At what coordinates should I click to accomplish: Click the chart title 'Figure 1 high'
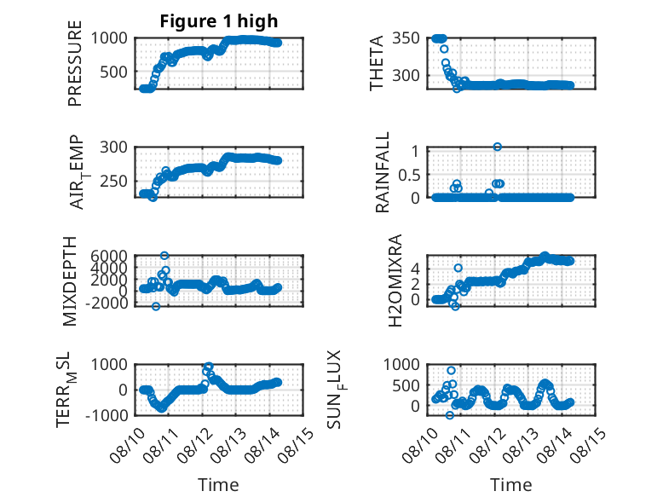[219, 21]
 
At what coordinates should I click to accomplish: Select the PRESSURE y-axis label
[74, 63]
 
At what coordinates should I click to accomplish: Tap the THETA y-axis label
[376, 63]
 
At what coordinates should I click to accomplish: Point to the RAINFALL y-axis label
[382, 172]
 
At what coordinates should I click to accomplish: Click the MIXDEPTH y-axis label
[70, 281]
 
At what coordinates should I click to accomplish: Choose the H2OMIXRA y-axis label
[395, 280]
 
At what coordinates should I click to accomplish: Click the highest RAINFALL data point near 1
[498, 147]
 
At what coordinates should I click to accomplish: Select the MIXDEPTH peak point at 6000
[164, 255]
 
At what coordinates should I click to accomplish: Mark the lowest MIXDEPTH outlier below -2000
[156, 306]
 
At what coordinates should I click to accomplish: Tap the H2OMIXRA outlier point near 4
[458, 268]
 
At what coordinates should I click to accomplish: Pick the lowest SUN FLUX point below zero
[449, 415]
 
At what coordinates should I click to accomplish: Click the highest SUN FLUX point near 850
[451, 370]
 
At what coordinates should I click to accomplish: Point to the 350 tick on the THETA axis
[406, 38]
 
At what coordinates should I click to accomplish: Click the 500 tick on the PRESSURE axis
[113, 72]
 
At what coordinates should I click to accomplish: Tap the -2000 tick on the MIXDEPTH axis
[107, 303]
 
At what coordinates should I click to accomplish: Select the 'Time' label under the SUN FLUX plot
[510, 484]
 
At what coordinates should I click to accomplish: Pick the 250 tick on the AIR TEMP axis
[113, 181]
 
